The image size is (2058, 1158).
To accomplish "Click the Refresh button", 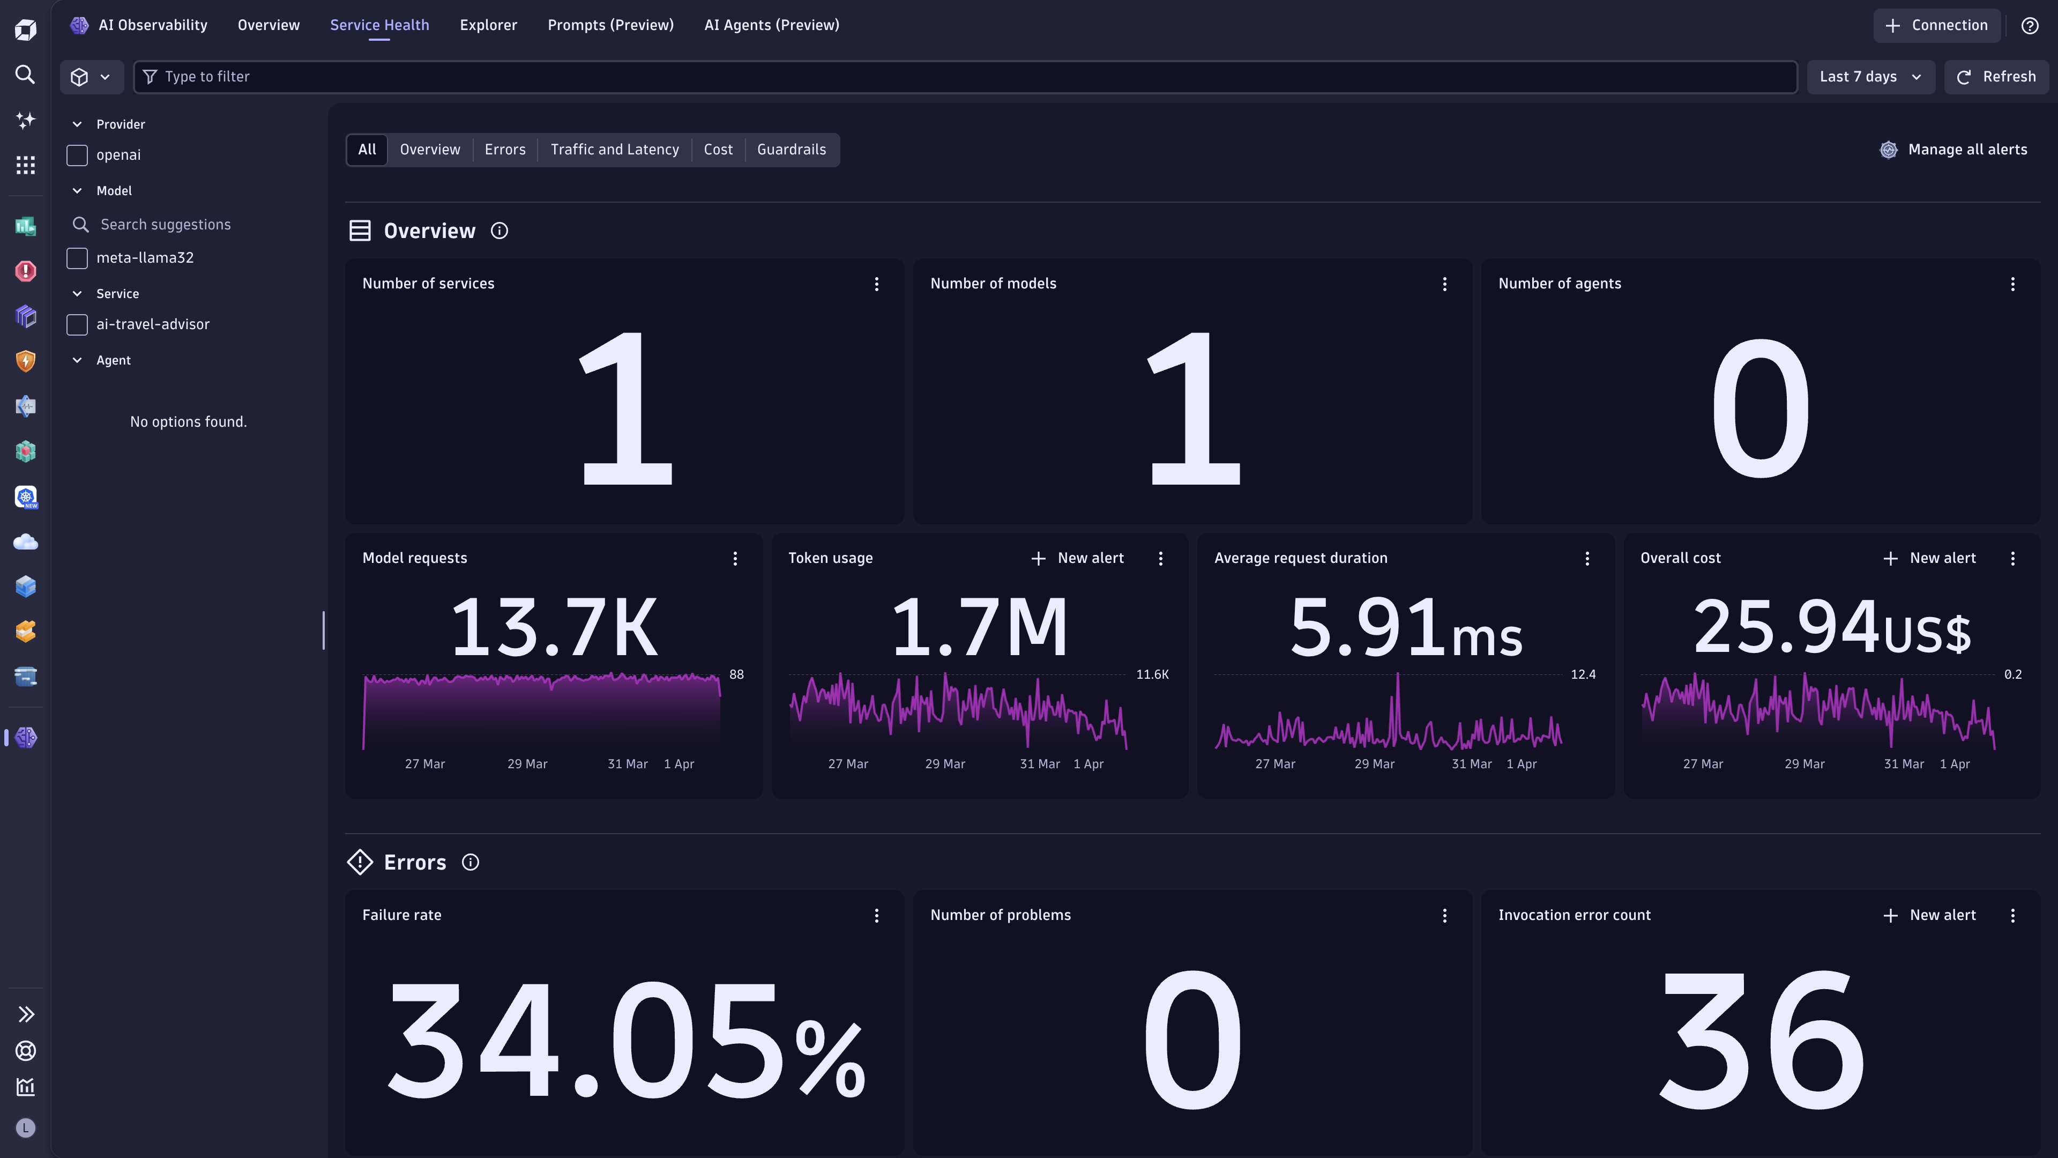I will (1996, 77).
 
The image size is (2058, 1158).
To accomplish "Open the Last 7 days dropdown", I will (1869, 77).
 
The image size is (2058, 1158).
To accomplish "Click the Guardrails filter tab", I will (791, 150).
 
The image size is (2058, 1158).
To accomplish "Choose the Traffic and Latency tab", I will (614, 150).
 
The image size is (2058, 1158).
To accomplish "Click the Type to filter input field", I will (959, 77).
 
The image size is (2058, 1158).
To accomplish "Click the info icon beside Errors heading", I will (471, 862).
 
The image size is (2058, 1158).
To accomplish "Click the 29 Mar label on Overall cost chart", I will (1804, 764).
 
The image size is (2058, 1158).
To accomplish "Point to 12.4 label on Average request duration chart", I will (1583, 674).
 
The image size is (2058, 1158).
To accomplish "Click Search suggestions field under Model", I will (166, 225).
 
